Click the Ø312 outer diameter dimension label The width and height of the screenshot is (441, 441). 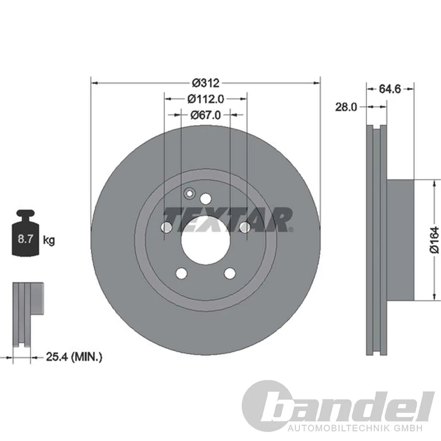[x=206, y=83]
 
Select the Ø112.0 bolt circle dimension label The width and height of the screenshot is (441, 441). [x=205, y=98]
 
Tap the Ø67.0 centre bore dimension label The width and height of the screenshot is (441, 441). [x=205, y=114]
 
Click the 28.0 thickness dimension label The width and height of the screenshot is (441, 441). [x=346, y=107]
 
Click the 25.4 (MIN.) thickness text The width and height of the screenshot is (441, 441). [x=74, y=356]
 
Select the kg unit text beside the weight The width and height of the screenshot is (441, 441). [x=49, y=240]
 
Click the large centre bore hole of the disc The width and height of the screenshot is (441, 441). [x=205, y=243]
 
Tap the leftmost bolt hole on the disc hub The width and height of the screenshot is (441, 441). [x=167, y=227]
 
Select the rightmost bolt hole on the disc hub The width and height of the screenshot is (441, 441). [x=245, y=226]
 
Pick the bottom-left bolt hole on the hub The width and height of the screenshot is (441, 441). [x=182, y=273]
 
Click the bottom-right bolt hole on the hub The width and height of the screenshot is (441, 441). [x=230, y=273]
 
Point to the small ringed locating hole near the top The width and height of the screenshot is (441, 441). [x=189, y=194]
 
